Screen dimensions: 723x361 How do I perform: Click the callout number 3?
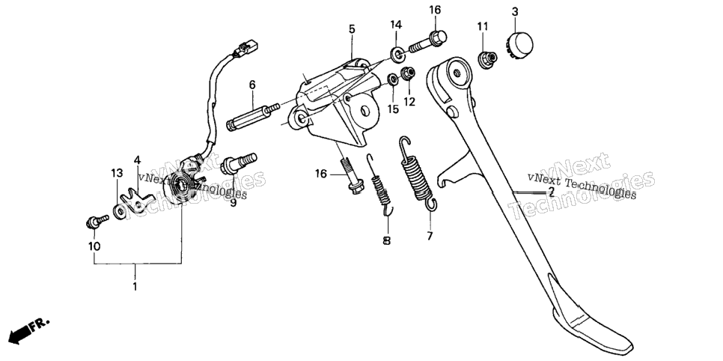(515, 12)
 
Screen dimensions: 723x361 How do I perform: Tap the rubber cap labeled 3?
(520, 44)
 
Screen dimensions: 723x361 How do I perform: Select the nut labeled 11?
(487, 60)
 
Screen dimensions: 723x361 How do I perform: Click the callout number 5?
(352, 29)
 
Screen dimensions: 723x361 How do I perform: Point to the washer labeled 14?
(397, 53)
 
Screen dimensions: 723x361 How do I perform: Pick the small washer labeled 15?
(393, 79)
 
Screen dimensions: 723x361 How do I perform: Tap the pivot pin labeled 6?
(254, 118)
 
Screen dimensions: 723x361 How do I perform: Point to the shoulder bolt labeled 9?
(239, 164)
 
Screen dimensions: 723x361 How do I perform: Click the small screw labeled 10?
(97, 221)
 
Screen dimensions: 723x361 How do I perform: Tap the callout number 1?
(135, 286)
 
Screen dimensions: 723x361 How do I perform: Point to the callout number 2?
(551, 192)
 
